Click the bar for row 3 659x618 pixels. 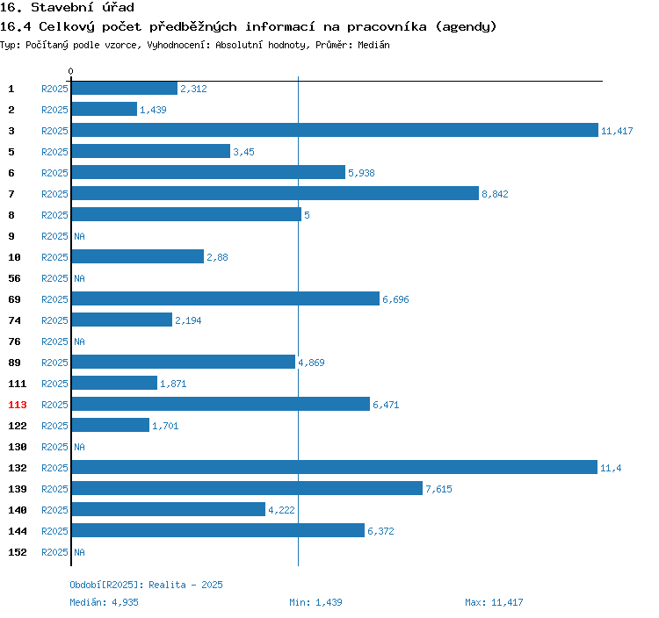click(335, 130)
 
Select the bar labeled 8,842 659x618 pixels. click(275, 193)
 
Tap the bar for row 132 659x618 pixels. click(335, 467)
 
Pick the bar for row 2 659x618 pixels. click(105, 109)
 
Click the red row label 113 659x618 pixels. click(18, 405)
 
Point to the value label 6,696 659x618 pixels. click(395, 299)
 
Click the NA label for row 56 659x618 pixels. click(79, 278)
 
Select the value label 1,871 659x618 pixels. click(173, 384)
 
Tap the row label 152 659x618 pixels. click(18, 552)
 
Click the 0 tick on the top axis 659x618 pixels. click(70, 71)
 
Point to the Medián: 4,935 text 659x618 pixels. click(104, 602)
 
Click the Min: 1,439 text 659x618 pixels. click(315, 602)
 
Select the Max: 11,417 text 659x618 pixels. click(494, 602)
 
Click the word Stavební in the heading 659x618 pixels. click(62, 7)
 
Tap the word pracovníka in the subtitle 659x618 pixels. click(387, 27)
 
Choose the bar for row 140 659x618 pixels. click(169, 509)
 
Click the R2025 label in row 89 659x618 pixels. click(54, 363)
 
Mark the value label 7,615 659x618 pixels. click(438, 489)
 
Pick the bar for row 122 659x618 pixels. click(111, 425)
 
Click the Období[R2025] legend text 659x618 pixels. click(107, 585)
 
